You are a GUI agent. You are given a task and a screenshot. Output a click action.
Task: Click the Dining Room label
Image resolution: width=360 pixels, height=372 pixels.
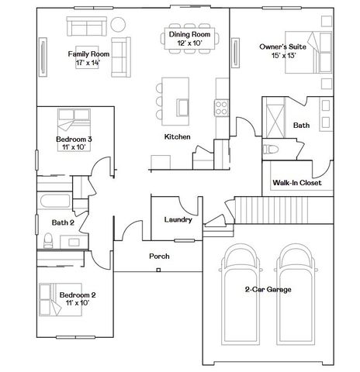click(189, 34)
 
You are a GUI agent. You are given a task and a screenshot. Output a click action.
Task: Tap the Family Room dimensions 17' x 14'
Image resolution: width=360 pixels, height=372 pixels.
click(88, 63)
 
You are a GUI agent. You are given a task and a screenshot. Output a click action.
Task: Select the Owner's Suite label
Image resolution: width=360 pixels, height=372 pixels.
click(282, 46)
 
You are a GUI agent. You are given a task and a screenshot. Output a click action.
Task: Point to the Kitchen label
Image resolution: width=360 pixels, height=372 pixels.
click(178, 136)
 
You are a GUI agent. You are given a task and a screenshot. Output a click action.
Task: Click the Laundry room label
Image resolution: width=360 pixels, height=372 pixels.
click(178, 220)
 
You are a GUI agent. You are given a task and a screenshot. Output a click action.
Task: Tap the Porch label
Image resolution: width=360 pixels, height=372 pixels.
click(159, 257)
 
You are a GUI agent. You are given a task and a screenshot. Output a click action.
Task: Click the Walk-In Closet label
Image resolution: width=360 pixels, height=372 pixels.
click(297, 183)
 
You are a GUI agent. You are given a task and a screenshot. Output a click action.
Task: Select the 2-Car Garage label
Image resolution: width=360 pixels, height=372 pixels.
click(268, 289)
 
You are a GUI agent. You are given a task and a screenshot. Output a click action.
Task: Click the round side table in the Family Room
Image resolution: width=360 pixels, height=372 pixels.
click(118, 24)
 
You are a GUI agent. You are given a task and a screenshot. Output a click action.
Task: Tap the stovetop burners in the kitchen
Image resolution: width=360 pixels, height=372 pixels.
click(221, 108)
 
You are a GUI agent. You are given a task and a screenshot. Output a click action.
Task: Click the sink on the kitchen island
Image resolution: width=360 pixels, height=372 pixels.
click(183, 108)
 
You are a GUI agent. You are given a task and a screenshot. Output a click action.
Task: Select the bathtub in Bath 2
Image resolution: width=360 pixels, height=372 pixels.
click(55, 201)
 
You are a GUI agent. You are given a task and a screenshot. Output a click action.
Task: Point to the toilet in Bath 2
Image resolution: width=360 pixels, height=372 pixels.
click(48, 240)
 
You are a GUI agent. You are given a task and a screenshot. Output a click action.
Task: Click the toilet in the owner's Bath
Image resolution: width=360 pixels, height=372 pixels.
click(271, 150)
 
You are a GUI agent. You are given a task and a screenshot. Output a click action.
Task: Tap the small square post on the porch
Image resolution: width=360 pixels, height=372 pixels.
click(158, 270)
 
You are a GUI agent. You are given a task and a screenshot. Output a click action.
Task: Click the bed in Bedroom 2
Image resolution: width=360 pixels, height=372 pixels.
click(61, 300)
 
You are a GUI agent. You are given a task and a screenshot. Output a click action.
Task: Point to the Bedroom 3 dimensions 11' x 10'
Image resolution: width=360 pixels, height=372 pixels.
click(74, 147)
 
